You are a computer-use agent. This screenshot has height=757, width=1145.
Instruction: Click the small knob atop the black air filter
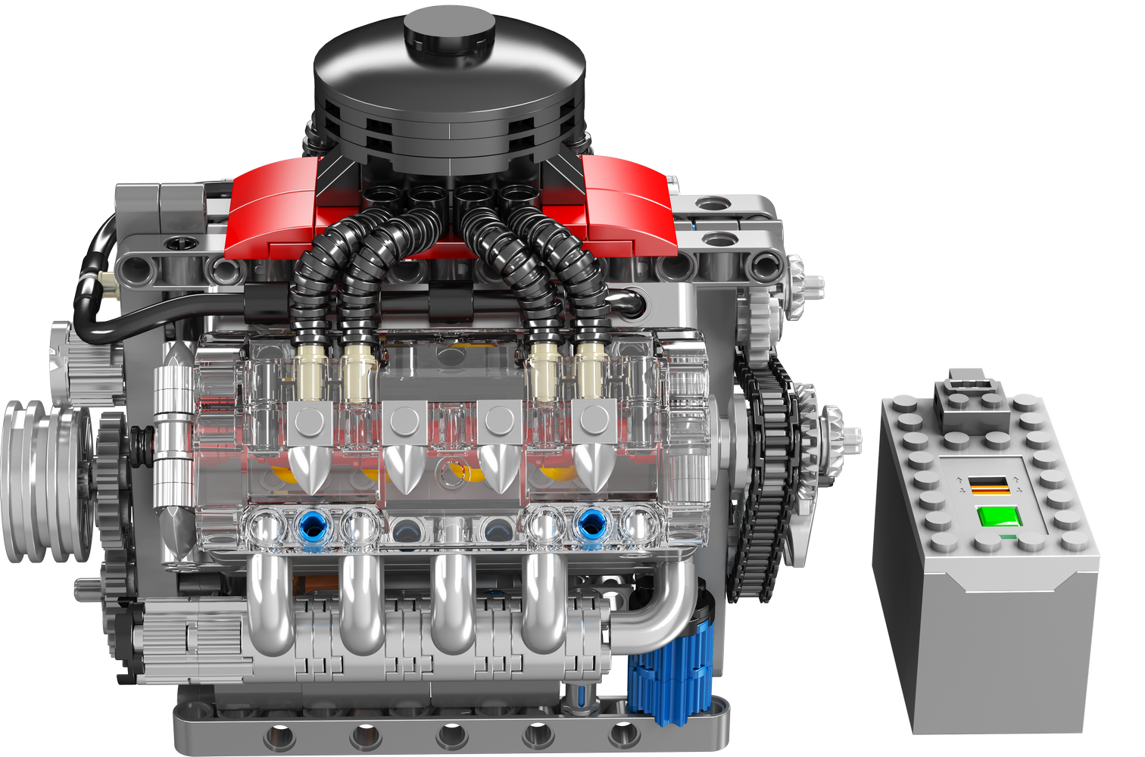(x=449, y=29)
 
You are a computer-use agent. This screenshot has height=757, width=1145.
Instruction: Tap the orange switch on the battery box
(x=989, y=486)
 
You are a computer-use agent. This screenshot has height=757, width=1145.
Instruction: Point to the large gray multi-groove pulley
(x=42, y=481)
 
